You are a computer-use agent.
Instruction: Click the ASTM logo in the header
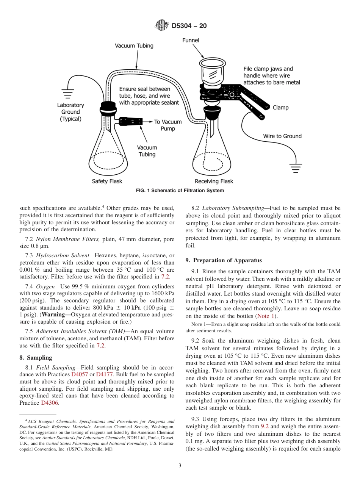point(162,26)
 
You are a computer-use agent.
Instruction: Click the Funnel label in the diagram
point(191,40)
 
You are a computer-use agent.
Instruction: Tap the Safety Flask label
point(107,182)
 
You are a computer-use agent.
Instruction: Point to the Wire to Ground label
point(282,136)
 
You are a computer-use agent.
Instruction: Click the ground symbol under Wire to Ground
point(295,166)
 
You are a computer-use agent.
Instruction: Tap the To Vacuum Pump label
point(167,125)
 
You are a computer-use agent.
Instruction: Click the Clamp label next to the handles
point(280,108)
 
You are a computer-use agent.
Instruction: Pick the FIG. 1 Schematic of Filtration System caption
point(180,191)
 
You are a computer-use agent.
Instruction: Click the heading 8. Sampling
point(36,358)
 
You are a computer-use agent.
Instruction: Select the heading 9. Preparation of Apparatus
point(223,260)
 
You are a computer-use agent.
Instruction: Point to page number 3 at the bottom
point(180,466)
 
